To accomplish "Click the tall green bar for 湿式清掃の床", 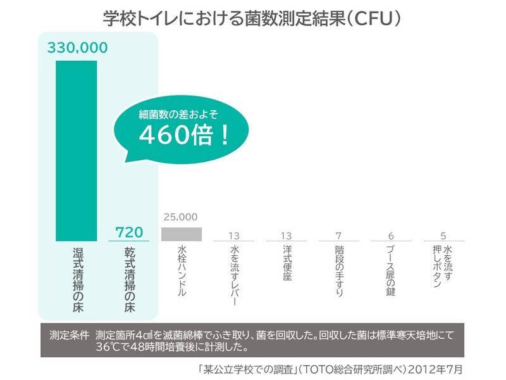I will (77, 151).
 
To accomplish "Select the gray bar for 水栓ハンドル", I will (182, 234).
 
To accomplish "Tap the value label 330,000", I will (77, 47).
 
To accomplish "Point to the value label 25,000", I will (182, 217).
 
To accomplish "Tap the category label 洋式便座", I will (287, 266).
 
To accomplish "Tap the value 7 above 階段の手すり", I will (340, 236).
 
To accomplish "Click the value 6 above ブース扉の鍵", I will (392, 236).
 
